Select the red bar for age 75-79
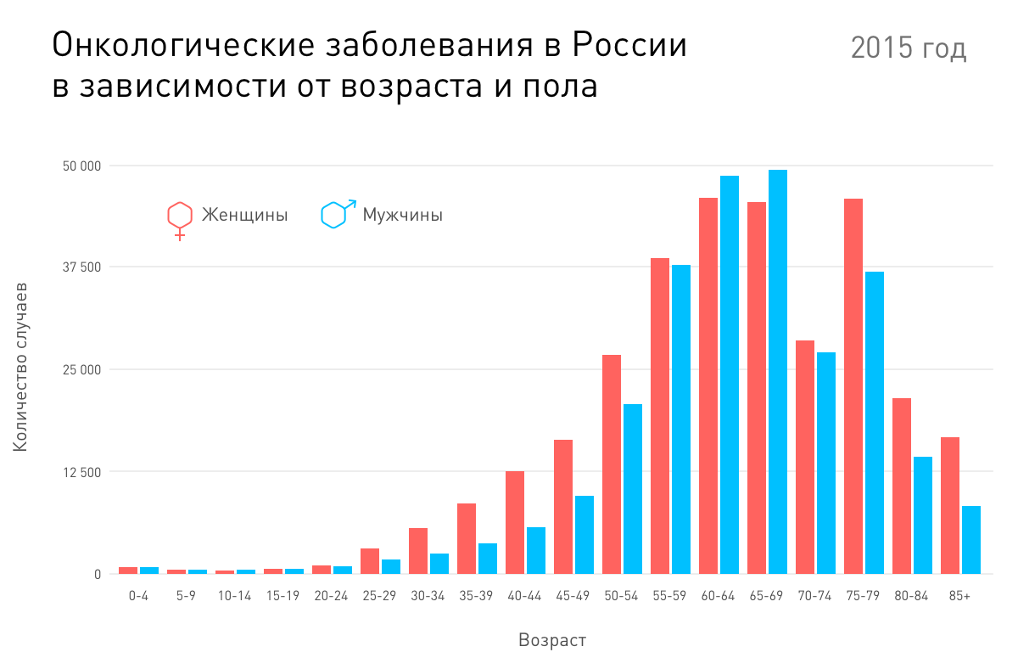click(853, 386)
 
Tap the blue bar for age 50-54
click(633, 489)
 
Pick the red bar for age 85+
click(950, 505)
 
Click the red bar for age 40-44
click(515, 522)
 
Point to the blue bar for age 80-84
click(923, 515)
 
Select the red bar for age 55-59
click(660, 416)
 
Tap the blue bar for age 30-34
click(439, 564)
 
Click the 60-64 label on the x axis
click(719, 596)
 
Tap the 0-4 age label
click(139, 596)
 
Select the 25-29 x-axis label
click(379, 596)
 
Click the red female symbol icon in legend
click(179, 218)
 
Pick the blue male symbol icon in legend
click(337, 214)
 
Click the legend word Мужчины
click(402, 216)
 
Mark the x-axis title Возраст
click(552, 640)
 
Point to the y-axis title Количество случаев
click(21, 366)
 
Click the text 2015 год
click(909, 49)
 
